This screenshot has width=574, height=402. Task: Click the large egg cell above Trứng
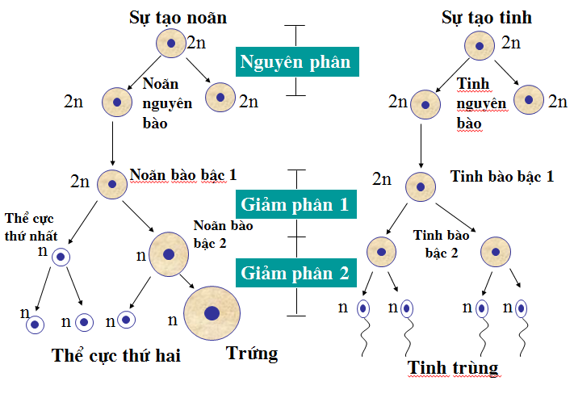tap(212, 313)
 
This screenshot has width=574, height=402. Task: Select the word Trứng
tap(252, 353)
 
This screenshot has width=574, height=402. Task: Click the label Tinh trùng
tap(453, 368)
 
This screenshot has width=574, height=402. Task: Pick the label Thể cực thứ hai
tap(115, 355)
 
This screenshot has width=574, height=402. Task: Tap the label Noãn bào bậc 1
tap(183, 174)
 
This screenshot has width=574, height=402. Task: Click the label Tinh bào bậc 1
tap(501, 177)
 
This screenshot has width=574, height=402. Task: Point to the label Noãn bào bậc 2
tap(223, 233)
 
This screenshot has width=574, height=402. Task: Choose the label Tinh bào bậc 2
tap(436, 243)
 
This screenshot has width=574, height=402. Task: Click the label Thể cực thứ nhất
tap(27, 225)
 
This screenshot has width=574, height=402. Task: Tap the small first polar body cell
tap(62, 258)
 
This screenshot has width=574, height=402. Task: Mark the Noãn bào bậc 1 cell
tap(112, 184)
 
